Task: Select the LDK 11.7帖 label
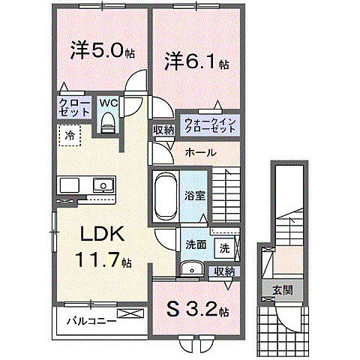point(102,247)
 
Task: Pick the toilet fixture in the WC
point(106,121)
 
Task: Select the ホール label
point(200,152)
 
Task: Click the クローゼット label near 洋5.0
point(71,106)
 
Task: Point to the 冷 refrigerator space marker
point(69,136)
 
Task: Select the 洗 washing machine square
point(224,247)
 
